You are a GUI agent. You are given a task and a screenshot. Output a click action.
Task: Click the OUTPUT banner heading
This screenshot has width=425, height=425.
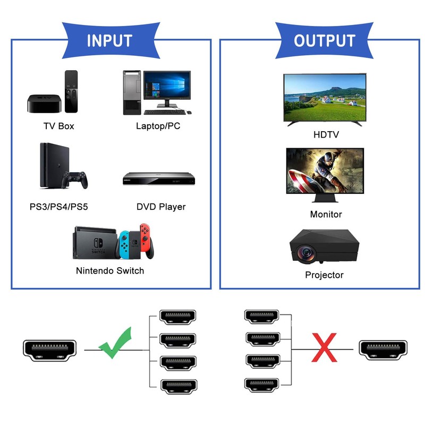(x=324, y=41)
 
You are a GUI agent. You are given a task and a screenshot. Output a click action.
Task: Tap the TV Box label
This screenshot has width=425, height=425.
(x=58, y=126)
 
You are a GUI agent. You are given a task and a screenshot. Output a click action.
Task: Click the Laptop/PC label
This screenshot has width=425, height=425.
(x=158, y=126)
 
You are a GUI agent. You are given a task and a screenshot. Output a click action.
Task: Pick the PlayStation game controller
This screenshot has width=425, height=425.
(x=75, y=180)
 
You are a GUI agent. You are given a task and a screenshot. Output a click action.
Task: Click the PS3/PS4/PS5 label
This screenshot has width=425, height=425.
(x=58, y=207)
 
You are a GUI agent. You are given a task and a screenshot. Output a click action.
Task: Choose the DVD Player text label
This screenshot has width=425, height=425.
(x=161, y=207)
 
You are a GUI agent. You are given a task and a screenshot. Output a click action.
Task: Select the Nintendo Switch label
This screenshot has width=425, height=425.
(x=110, y=271)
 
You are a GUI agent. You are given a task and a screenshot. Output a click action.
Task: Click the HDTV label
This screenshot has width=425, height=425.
(x=326, y=135)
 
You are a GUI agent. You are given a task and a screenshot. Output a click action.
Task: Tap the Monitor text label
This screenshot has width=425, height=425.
(x=326, y=215)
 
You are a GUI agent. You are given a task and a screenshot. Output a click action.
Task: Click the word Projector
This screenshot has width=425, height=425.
(x=324, y=275)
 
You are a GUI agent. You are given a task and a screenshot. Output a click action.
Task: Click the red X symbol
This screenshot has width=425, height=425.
(x=324, y=348)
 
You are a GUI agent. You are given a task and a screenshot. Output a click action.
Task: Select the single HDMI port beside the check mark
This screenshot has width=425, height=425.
(x=50, y=350)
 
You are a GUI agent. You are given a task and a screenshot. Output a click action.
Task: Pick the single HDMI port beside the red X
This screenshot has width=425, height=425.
(x=383, y=349)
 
